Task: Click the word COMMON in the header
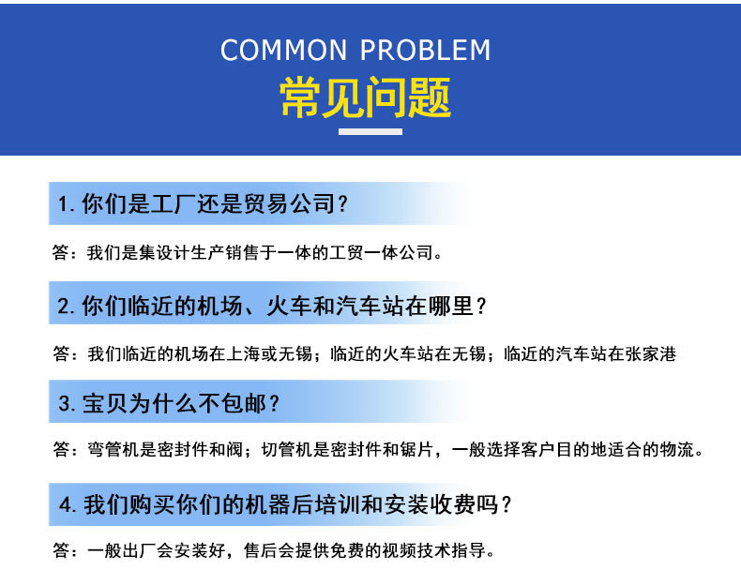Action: click(283, 50)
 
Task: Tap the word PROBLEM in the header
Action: click(425, 50)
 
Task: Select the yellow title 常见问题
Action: click(365, 97)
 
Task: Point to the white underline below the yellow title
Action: click(370, 132)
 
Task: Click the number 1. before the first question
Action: click(66, 204)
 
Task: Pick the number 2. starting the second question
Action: click(67, 306)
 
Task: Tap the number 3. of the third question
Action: click(67, 404)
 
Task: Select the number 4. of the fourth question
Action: click(68, 504)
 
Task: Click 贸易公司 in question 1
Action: click(289, 204)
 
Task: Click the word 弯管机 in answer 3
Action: click(113, 449)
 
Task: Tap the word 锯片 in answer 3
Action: click(416, 449)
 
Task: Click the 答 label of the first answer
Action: click(61, 252)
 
